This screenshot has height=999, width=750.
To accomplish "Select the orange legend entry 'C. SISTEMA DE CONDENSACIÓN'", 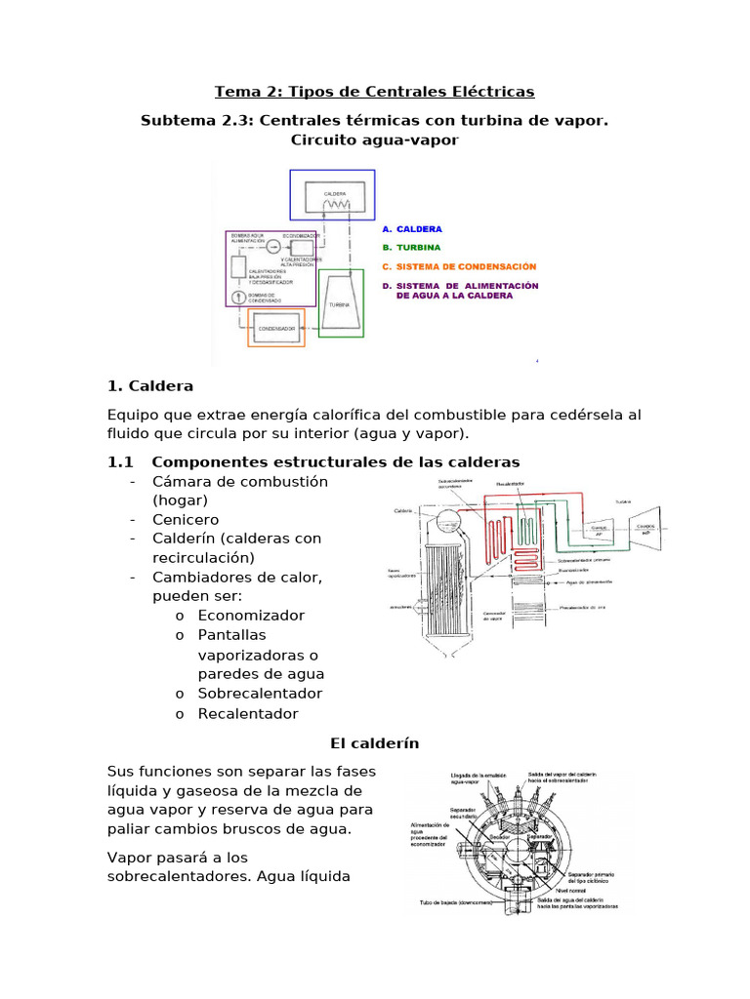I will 459,266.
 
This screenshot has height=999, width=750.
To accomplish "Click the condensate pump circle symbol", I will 236,297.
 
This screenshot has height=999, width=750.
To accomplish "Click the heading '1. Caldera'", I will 150,386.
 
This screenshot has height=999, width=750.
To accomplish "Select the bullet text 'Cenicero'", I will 186,519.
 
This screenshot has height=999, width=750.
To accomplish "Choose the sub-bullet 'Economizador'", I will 251,616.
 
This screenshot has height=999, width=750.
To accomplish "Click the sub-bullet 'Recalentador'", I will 248,713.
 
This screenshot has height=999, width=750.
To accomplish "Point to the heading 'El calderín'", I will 375,743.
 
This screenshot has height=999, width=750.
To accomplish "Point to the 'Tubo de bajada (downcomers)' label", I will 457,902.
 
